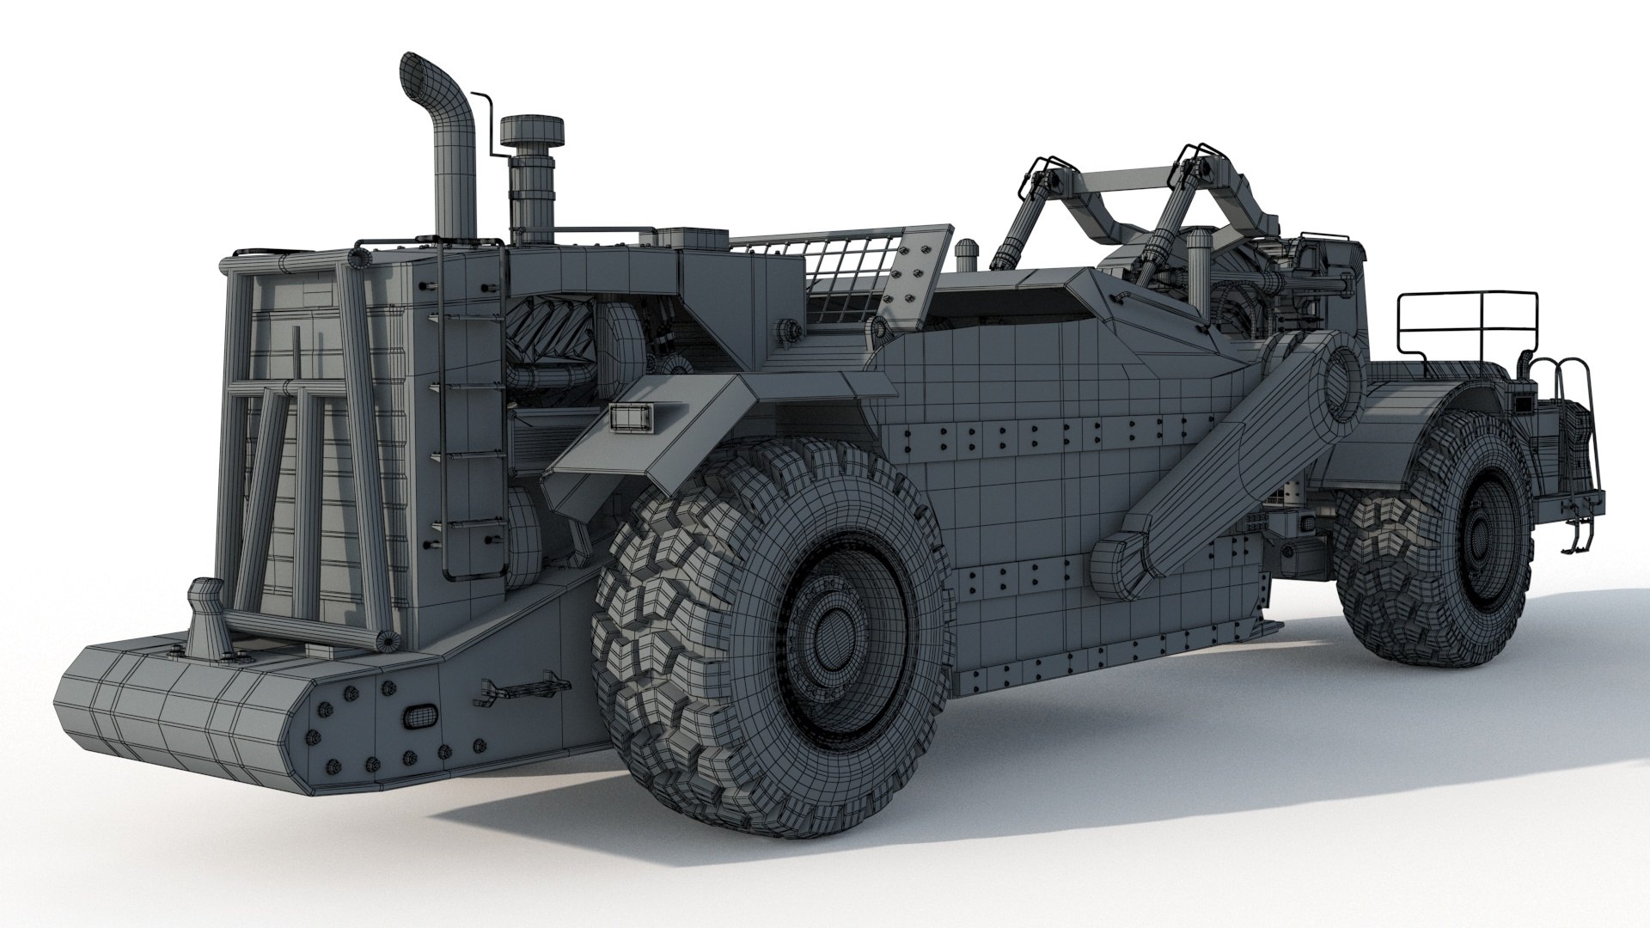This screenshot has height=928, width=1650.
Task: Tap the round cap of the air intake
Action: [x=532, y=131]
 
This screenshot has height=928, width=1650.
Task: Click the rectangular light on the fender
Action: [x=631, y=416]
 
